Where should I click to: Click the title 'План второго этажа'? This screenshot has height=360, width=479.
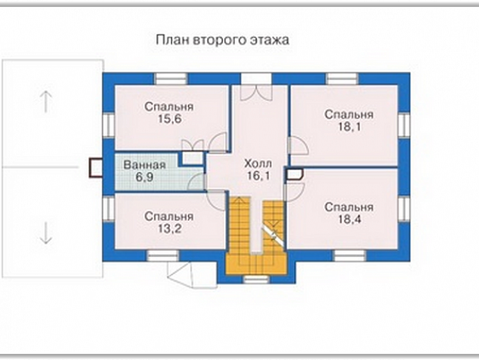pyautogui.click(x=222, y=40)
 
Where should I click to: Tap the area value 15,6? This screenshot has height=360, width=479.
pyautogui.click(x=169, y=119)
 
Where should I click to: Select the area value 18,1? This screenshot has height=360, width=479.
pyautogui.click(x=349, y=126)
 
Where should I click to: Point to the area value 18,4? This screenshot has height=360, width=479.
pyautogui.click(x=349, y=219)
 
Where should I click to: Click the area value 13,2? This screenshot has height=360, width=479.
pyautogui.click(x=169, y=228)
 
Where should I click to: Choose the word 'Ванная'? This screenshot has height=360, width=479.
pyautogui.click(x=144, y=165)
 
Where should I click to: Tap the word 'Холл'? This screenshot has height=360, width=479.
pyautogui.click(x=258, y=163)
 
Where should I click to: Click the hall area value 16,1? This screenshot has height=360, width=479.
pyautogui.click(x=258, y=176)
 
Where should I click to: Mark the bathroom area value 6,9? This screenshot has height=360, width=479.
pyautogui.click(x=144, y=177)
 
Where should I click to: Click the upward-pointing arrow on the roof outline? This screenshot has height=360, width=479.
pyautogui.click(x=46, y=101)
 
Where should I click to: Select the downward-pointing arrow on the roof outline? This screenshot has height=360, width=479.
pyautogui.click(x=46, y=233)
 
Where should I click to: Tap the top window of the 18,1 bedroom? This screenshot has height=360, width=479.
pyautogui.click(x=342, y=79)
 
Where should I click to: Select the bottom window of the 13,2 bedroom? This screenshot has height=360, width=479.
pyautogui.click(x=163, y=256)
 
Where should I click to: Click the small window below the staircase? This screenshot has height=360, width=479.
pyautogui.click(x=257, y=279)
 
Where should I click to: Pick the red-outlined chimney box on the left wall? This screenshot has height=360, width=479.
pyautogui.click(x=96, y=168)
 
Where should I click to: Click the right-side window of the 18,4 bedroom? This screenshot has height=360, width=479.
pyautogui.click(x=404, y=208)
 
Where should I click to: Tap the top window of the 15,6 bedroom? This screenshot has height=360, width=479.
pyautogui.click(x=171, y=79)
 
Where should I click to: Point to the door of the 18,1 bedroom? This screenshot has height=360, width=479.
pyautogui.click(x=298, y=146)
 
